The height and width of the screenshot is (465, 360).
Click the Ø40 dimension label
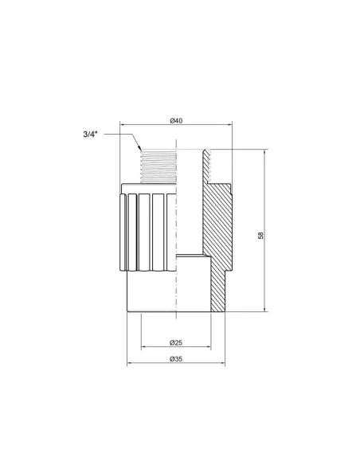[176, 120]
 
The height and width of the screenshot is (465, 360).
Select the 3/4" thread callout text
[95, 135]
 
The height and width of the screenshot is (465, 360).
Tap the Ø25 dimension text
[176, 343]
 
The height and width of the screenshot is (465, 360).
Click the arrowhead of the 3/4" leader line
[140, 150]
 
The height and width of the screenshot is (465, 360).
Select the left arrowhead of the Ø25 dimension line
[143, 348]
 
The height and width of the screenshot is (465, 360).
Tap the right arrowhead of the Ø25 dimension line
[209, 348]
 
